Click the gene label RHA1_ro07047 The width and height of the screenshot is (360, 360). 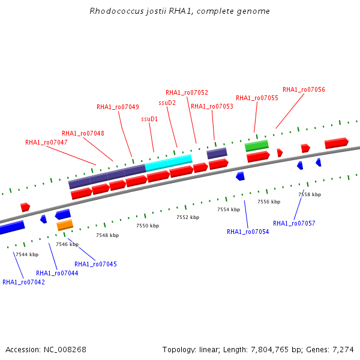coord(46,143)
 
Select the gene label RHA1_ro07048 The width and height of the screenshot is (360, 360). coord(83,133)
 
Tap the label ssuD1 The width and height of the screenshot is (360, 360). coord(149,119)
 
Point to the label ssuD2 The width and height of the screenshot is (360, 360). coord(167,103)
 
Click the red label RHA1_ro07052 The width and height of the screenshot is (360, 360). coord(187,92)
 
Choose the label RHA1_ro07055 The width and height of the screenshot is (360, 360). coord(257,98)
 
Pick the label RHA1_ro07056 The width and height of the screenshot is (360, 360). coord(304,89)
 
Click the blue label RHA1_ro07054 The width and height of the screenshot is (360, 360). coord(248,232)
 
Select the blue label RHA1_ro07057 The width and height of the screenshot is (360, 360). coord(294,223)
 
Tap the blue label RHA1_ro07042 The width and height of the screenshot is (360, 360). coord(23,282)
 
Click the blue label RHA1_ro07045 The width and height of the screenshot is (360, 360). coord(96,264)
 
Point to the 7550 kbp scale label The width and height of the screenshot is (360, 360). coord(148,226)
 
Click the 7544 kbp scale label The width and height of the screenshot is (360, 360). coord(27,254)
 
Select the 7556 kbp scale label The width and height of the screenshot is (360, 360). coord(269,202)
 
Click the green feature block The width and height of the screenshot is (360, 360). coord(257,146)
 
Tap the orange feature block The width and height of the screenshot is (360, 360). coord(65,225)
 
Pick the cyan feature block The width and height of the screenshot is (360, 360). coord(169,163)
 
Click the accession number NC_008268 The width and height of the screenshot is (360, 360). coord(65,350)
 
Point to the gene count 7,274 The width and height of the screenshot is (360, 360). coord(343,350)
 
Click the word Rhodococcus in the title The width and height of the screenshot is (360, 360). coord(116,11)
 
